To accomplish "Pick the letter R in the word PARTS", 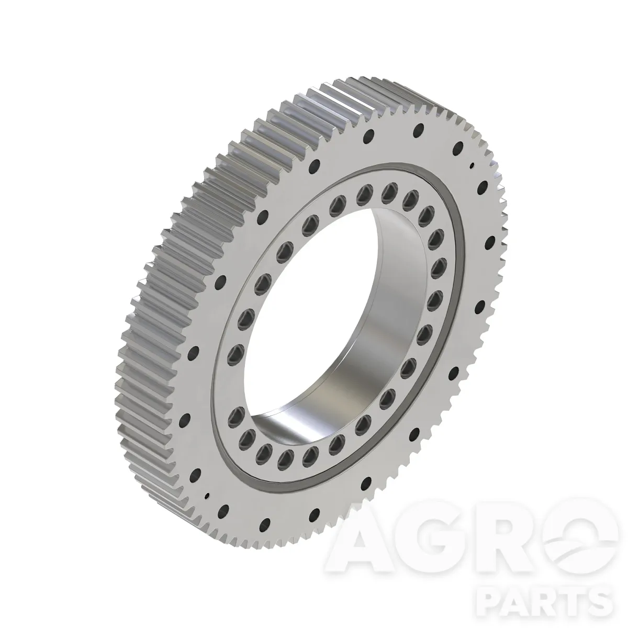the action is click(x=551, y=601).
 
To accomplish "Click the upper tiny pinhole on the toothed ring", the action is click(x=472, y=166).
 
